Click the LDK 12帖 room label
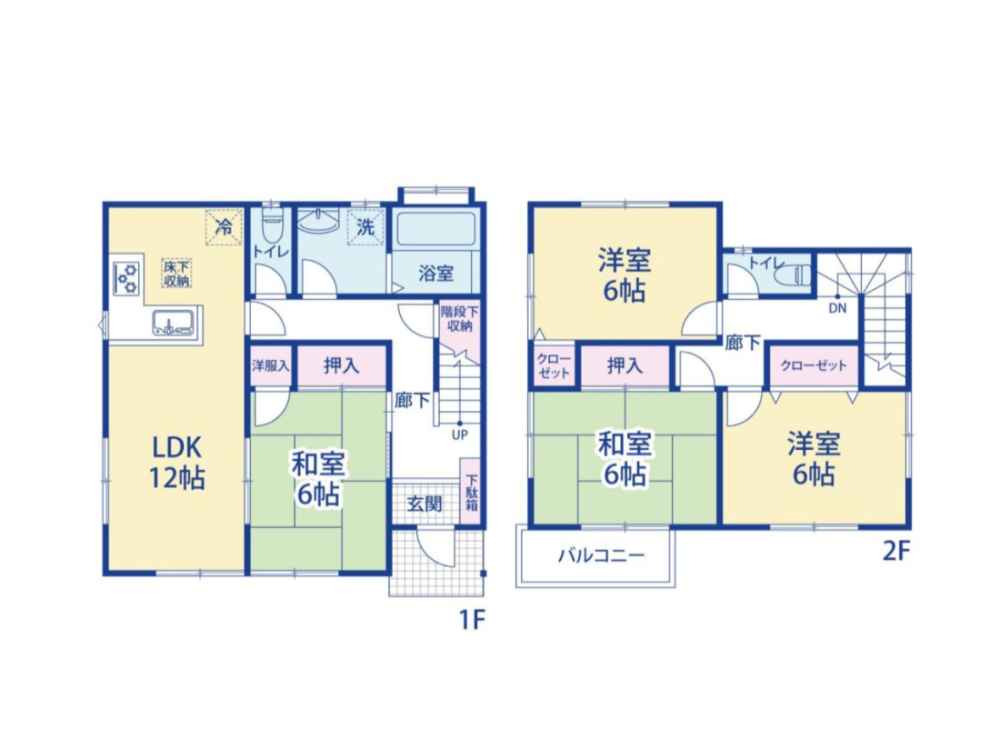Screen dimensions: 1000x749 coord(176,462)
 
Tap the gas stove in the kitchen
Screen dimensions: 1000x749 coord(126,276)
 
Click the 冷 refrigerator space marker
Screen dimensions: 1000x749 coord(224,226)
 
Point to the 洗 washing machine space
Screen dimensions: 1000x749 coord(365,226)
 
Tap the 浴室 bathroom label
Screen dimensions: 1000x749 coord(435,274)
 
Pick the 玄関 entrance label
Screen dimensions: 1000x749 coord(425,504)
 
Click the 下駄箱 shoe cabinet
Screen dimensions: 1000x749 coord(471,492)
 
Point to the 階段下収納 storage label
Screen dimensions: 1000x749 coord(459,319)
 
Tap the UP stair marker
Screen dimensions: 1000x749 coord(460,434)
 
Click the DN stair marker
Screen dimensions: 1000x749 coord(838,308)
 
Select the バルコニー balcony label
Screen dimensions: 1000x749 coord(602,555)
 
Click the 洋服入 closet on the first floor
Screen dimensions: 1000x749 coord(270,366)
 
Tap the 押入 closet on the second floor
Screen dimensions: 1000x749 coord(625,366)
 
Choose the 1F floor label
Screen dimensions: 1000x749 coord(473,619)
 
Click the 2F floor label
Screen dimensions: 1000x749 coord(896,551)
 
